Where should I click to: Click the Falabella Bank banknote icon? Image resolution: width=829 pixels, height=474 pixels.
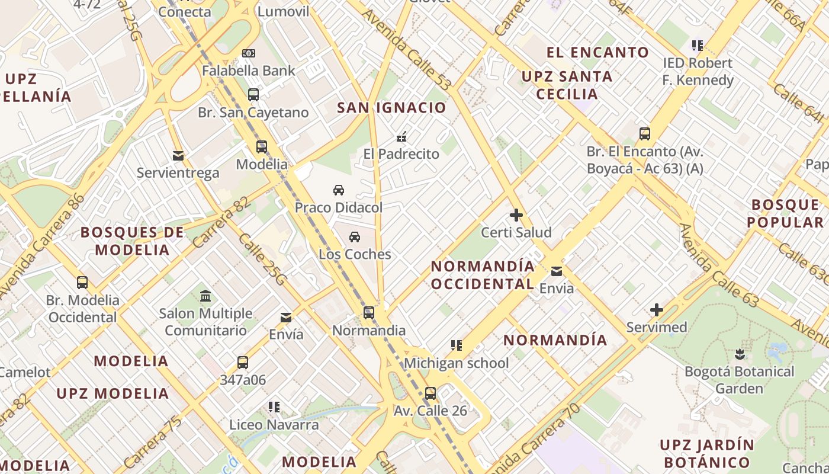(x=249, y=53)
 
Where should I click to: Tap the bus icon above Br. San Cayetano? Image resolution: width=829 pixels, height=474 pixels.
(x=253, y=94)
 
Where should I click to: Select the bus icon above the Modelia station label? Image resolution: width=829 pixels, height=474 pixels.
(x=262, y=146)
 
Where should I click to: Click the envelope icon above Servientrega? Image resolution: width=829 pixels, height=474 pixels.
(x=178, y=156)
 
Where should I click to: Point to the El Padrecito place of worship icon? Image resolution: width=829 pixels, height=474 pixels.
(x=401, y=137)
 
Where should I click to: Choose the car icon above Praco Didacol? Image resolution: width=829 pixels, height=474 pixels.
(x=339, y=190)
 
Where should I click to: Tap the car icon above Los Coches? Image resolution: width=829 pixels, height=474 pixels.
(x=355, y=237)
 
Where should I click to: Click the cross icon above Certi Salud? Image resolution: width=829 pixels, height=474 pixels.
(x=516, y=215)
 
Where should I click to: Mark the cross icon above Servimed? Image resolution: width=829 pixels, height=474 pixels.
(x=657, y=310)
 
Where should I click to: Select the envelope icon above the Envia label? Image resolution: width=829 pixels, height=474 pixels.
(x=557, y=271)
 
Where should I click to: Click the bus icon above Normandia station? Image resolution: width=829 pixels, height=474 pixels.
(x=369, y=312)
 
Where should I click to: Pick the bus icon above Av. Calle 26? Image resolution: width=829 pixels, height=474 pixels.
(x=430, y=393)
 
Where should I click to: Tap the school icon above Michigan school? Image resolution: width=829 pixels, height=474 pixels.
(x=456, y=345)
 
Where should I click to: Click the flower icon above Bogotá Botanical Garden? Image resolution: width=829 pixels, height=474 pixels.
(x=739, y=354)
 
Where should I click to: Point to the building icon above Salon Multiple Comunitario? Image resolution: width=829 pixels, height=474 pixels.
(x=205, y=296)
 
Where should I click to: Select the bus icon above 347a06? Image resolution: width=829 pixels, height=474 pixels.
(x=243, y=362)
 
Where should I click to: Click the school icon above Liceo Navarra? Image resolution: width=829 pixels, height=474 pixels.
(x=274, y=406)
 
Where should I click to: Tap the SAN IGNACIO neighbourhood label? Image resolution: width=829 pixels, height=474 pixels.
(x=391, y=108)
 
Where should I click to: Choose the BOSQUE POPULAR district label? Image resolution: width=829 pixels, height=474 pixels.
(x=785, y=214)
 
